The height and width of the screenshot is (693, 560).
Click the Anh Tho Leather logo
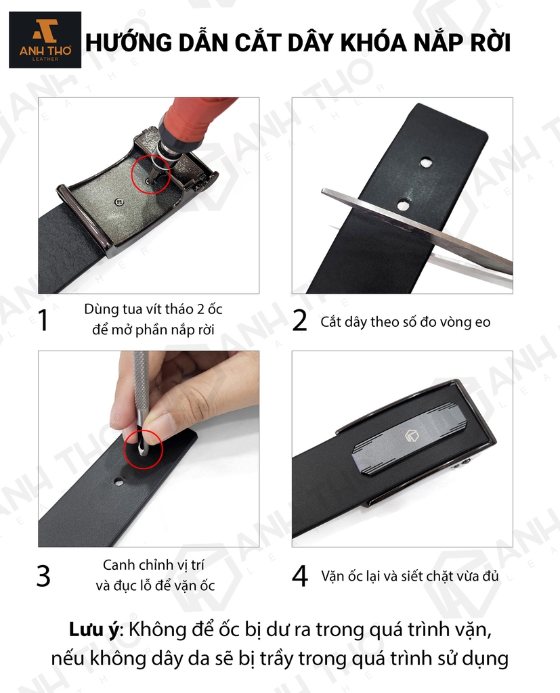click(45, 40)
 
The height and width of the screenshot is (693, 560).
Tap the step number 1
click(43, 320)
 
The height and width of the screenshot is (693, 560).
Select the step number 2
click(299, 321)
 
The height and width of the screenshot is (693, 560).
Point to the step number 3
click(43, 577)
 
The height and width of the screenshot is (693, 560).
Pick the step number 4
click(301, 577)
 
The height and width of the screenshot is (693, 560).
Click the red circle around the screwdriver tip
click(151, 174)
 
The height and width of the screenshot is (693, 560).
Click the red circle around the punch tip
click(144, 449)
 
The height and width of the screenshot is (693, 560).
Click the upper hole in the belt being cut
click(425, 162)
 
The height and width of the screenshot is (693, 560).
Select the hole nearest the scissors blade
click(403, 204)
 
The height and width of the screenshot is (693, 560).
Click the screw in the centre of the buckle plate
click(118, 202)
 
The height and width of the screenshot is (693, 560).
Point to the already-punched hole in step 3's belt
click(119, 482)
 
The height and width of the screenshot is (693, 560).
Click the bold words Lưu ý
click(93, 629)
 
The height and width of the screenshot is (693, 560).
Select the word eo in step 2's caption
click(483, 322)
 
